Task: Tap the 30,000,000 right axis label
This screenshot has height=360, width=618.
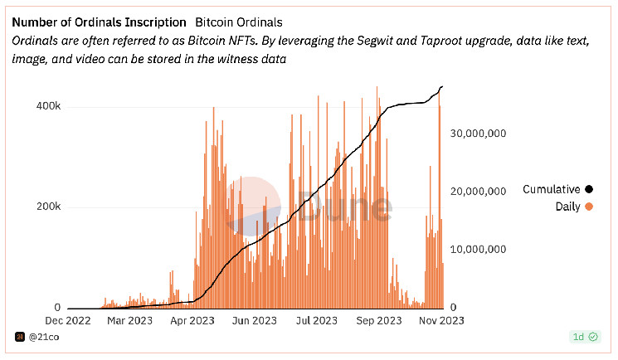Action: (477, 133)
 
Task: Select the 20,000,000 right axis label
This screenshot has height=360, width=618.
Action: (477, 191)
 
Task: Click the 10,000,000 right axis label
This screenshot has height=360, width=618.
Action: (477, 249)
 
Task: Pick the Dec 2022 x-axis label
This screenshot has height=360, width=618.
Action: (67, 320)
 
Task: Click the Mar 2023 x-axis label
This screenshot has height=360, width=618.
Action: (129, 320)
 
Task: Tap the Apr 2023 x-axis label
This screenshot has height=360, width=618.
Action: (191, 320)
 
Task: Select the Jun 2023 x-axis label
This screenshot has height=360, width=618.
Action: (253, 320)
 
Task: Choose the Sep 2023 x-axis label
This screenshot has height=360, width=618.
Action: (377, 320)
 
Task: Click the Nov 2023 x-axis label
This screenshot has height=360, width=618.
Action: (440, 320)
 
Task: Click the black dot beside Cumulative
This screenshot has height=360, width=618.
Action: (589, 190)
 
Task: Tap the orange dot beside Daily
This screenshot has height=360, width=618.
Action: (589, 207)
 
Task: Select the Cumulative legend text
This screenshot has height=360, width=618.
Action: (551, 190)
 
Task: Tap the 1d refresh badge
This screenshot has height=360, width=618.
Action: (583, 337)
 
